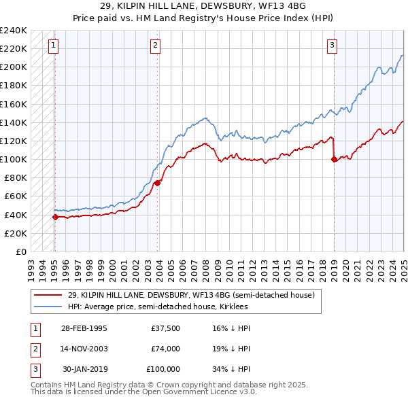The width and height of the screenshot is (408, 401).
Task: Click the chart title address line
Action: pos(204,7)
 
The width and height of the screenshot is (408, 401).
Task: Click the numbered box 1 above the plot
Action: pos(53,46)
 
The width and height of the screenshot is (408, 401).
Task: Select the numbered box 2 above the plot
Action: pos(155,46)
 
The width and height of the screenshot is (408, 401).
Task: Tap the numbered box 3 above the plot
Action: pos(332,46)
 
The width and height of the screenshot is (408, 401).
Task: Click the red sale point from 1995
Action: pos(55,217)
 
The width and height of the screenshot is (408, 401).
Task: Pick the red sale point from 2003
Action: pos(157,183)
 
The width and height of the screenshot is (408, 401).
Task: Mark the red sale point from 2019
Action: pos(334,160)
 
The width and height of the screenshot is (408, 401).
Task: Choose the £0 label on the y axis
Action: pos(20,251)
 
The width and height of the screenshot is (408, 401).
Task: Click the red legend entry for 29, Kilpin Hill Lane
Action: pos(190,296)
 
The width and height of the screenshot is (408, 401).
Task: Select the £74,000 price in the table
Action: pos(166,349)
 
